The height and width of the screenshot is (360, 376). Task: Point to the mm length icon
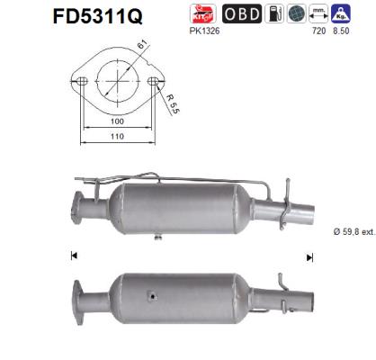tap(318, 13)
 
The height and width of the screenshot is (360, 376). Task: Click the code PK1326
tap(206, 30)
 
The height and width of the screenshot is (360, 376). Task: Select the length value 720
tap(318, 30)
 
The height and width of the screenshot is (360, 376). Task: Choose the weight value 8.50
tap(340, 30)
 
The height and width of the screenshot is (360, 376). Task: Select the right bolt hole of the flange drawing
tap(153, 81)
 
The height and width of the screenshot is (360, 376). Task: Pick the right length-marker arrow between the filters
tap(309, 256)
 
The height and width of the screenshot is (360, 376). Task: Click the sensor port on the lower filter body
tap(154, 293)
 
